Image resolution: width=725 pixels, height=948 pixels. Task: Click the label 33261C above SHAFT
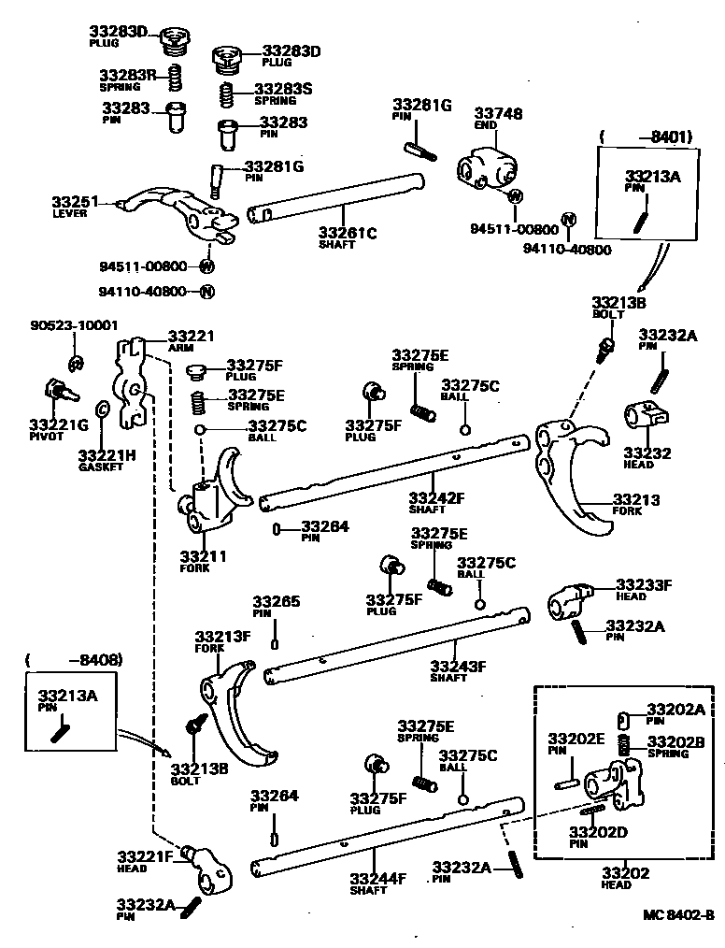tap(347, 232)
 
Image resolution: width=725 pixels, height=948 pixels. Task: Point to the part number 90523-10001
tap(74, 325)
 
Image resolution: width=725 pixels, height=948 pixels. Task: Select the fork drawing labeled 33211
tap(218, 491)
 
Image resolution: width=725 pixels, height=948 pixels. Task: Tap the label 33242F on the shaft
tap(436, 497)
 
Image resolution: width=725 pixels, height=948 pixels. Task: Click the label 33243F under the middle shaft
tap(458, 666)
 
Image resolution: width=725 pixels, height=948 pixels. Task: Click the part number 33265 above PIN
tap(276, 601)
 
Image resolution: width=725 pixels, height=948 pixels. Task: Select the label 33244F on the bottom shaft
tap(377, 878)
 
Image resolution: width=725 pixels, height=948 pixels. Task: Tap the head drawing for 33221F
tap(206, 866)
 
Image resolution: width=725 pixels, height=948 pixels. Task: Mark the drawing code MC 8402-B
tap(678, 915)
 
